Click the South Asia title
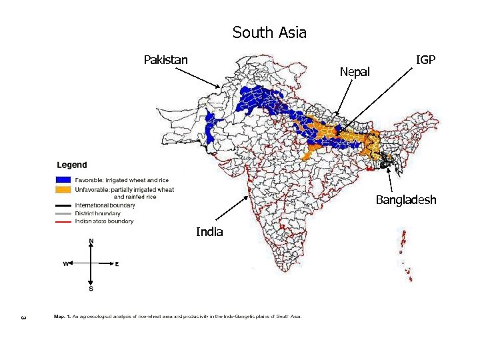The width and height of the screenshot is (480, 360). (x=269, y=32)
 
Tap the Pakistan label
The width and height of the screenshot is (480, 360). (x=165, y=60)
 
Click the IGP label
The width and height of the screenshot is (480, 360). (x=425, y=60)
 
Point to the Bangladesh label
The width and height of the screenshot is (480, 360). (x=405, y=200)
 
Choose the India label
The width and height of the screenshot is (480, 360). (x=209, y=232)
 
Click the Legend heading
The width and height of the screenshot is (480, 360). (x=71, y=165)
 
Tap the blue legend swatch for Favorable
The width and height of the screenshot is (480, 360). (x=63, y=180)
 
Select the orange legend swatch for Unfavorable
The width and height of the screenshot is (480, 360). (x=63, y=189)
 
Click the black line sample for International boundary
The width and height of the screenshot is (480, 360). (x=63, y=205)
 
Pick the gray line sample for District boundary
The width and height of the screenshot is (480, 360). (x=63, y=213)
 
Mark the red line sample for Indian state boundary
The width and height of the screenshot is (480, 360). (x=63, y=221)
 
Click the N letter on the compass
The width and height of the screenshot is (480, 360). (x=91, y=241)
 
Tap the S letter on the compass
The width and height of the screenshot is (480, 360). (x=91, y=289)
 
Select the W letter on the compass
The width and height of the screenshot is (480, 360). (x=66, y=264)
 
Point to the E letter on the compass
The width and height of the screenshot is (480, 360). (x=117, y=264)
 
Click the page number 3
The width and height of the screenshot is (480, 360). (x=23, y=316)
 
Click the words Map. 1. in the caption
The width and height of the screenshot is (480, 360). (x=61, y=316)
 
